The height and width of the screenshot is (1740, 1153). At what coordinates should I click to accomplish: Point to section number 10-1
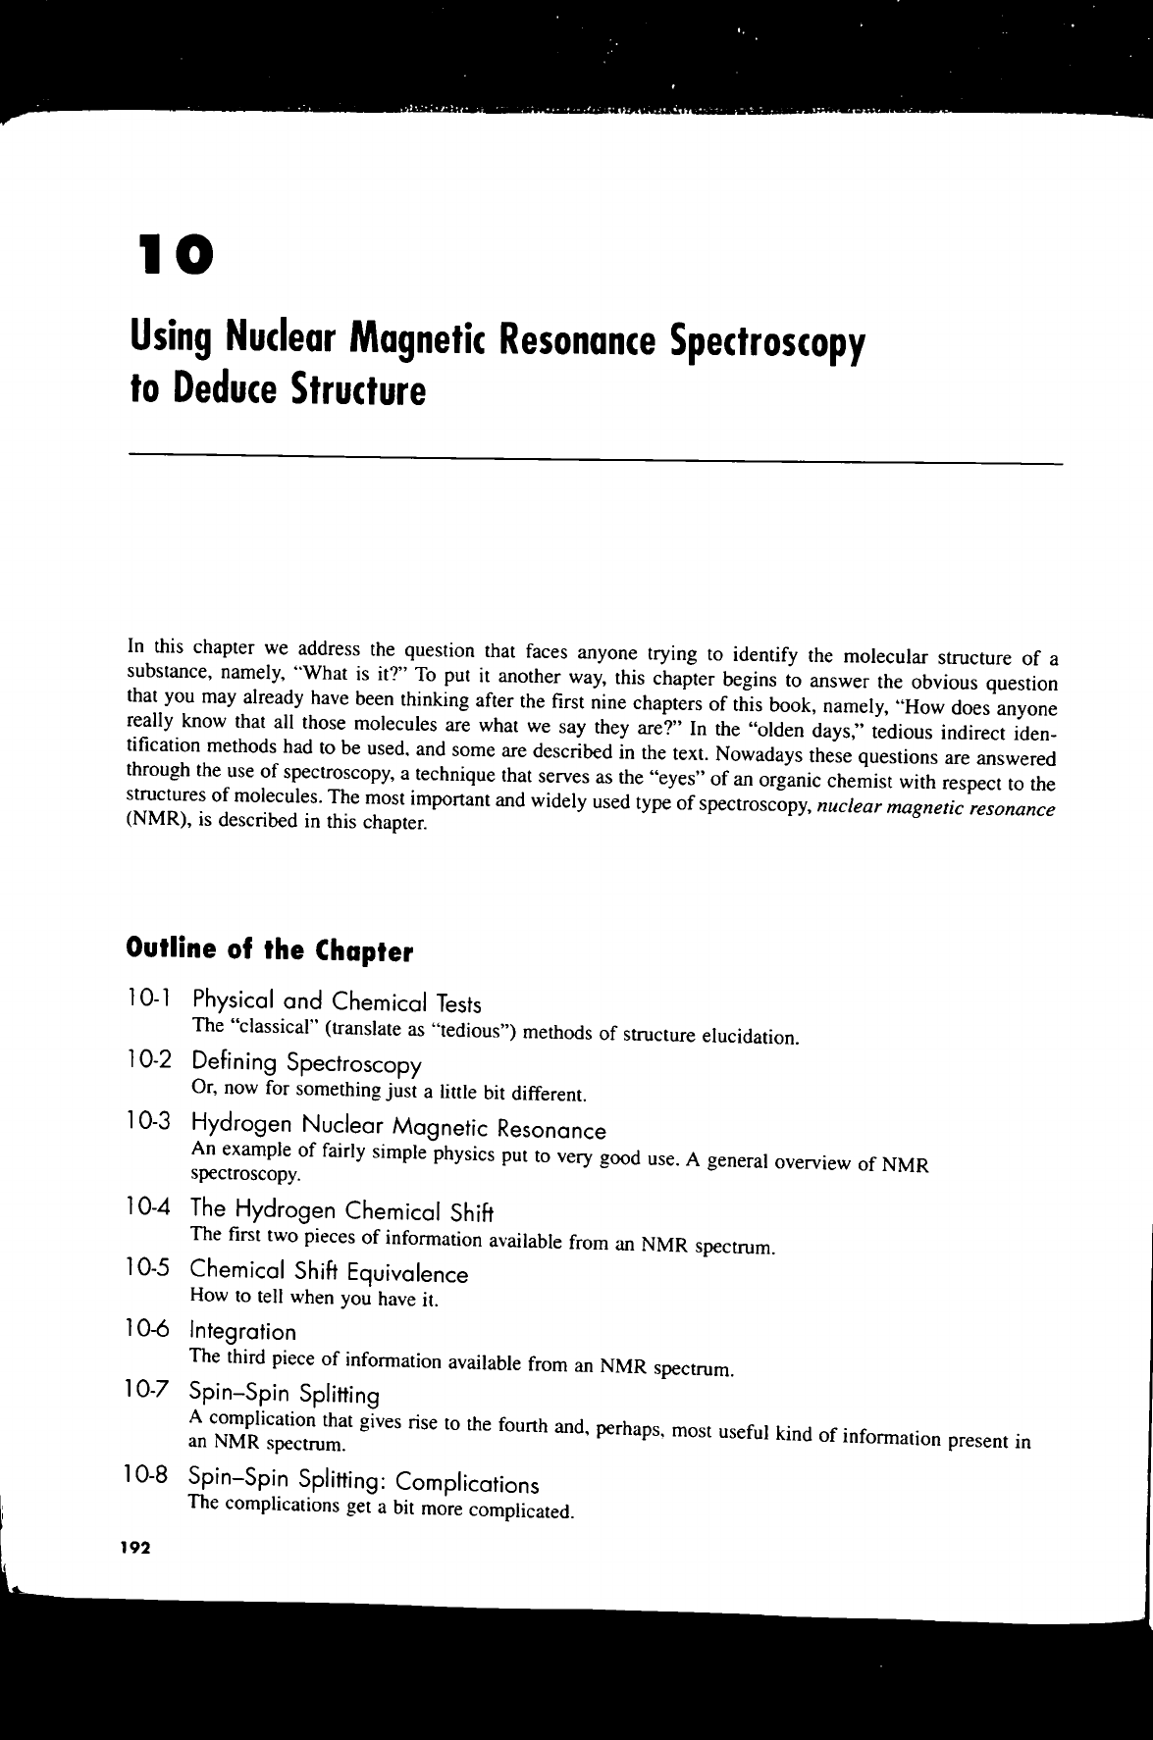(x=150, y=1001)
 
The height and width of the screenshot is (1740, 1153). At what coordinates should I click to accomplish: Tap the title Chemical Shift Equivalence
(x=329, y=1274)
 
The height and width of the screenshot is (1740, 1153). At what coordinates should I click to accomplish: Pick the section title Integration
(x=242, y=1332)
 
